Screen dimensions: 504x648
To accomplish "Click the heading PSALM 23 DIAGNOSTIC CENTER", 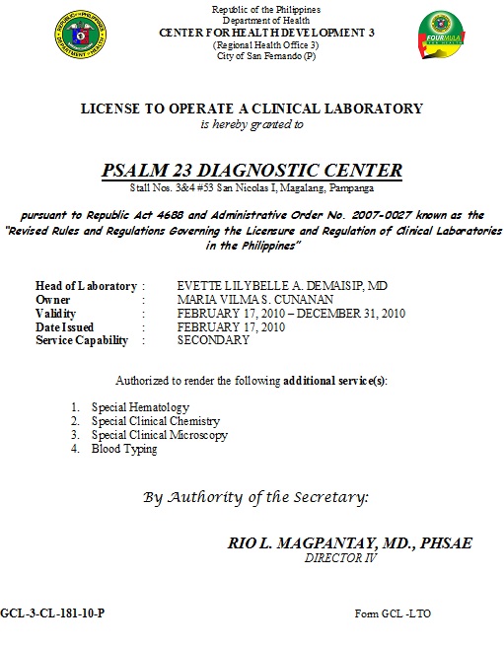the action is [252, 170].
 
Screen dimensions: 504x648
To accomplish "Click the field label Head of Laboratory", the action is [86, 286].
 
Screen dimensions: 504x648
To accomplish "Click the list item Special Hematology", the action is [140, 406].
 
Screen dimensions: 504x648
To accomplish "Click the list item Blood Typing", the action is [124, 449].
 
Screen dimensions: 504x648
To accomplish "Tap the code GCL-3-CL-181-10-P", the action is [52, 613].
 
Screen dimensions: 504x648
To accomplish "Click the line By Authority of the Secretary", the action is [255, 497].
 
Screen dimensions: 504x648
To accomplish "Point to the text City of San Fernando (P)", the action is [252, 56].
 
